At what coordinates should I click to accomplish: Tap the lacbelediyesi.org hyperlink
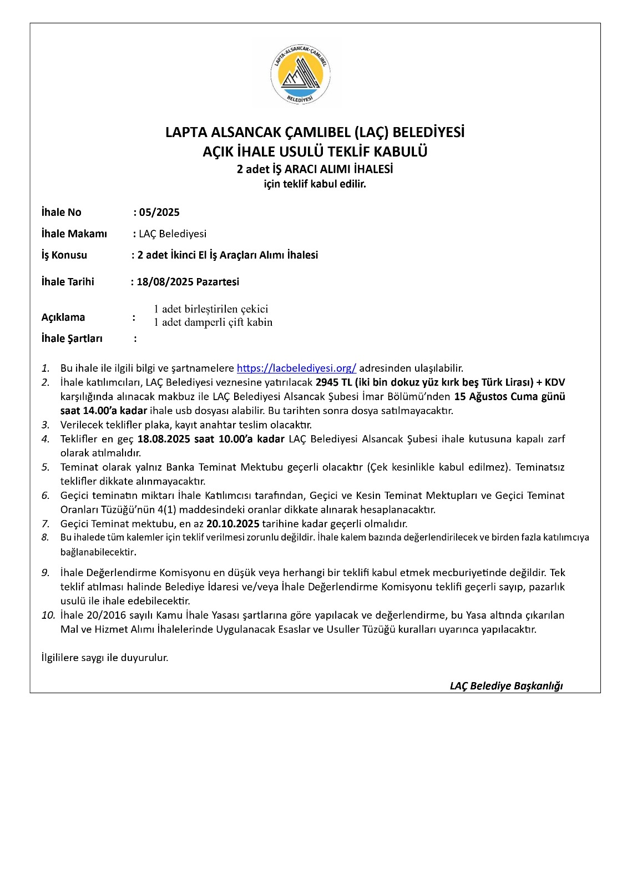tap(296, 368)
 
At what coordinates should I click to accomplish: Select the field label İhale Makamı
tap(74, 234)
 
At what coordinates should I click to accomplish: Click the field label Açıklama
tap(63, 317)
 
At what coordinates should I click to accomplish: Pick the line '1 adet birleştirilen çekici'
tap(211, 309)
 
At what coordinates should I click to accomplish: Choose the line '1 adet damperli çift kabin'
tap(213, 322)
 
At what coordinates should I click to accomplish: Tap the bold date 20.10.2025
tap(233, 523)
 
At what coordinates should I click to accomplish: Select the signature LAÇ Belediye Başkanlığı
tap(506, 686)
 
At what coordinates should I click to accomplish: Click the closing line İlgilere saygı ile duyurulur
tap(105, 658)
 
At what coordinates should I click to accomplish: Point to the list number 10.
tap(48, 615)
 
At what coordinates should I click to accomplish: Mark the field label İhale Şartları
tap(72, 339)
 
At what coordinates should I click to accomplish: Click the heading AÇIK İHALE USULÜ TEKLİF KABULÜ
tap(315, 152)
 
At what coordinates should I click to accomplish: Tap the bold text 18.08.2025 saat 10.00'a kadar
tap(211, 439)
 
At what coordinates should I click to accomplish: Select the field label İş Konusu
tap(64, 255)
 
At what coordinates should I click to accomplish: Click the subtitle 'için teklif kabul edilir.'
tap(315, 184)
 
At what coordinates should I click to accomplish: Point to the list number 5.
tap(45, 467)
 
